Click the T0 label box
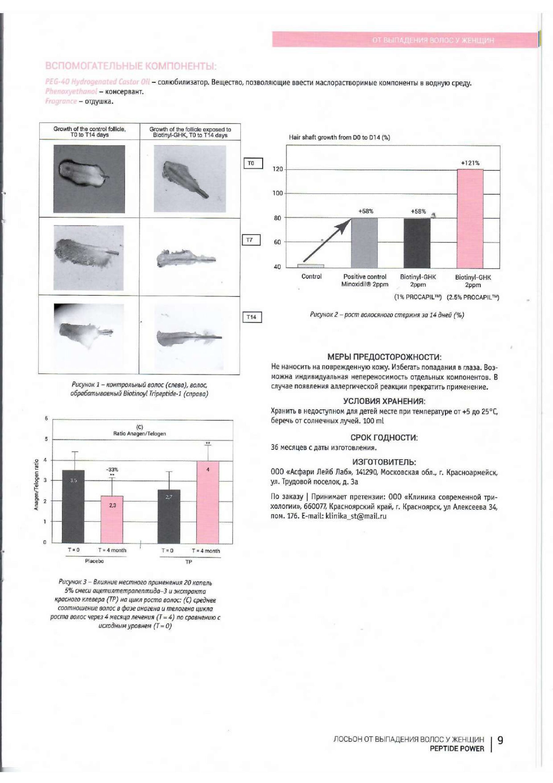click(253, 163)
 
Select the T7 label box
click(251, 240)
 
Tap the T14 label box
click(252, 317)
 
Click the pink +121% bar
click(470, 218)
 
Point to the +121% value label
click(470, 163)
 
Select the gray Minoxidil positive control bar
click(364, 243)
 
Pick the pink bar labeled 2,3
click(112, 519)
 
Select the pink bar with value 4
click(208, 502)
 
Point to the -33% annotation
click(112, 469)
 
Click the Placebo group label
click(94, 561)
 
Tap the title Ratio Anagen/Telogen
click(139, 433)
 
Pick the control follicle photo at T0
click(89, 179)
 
